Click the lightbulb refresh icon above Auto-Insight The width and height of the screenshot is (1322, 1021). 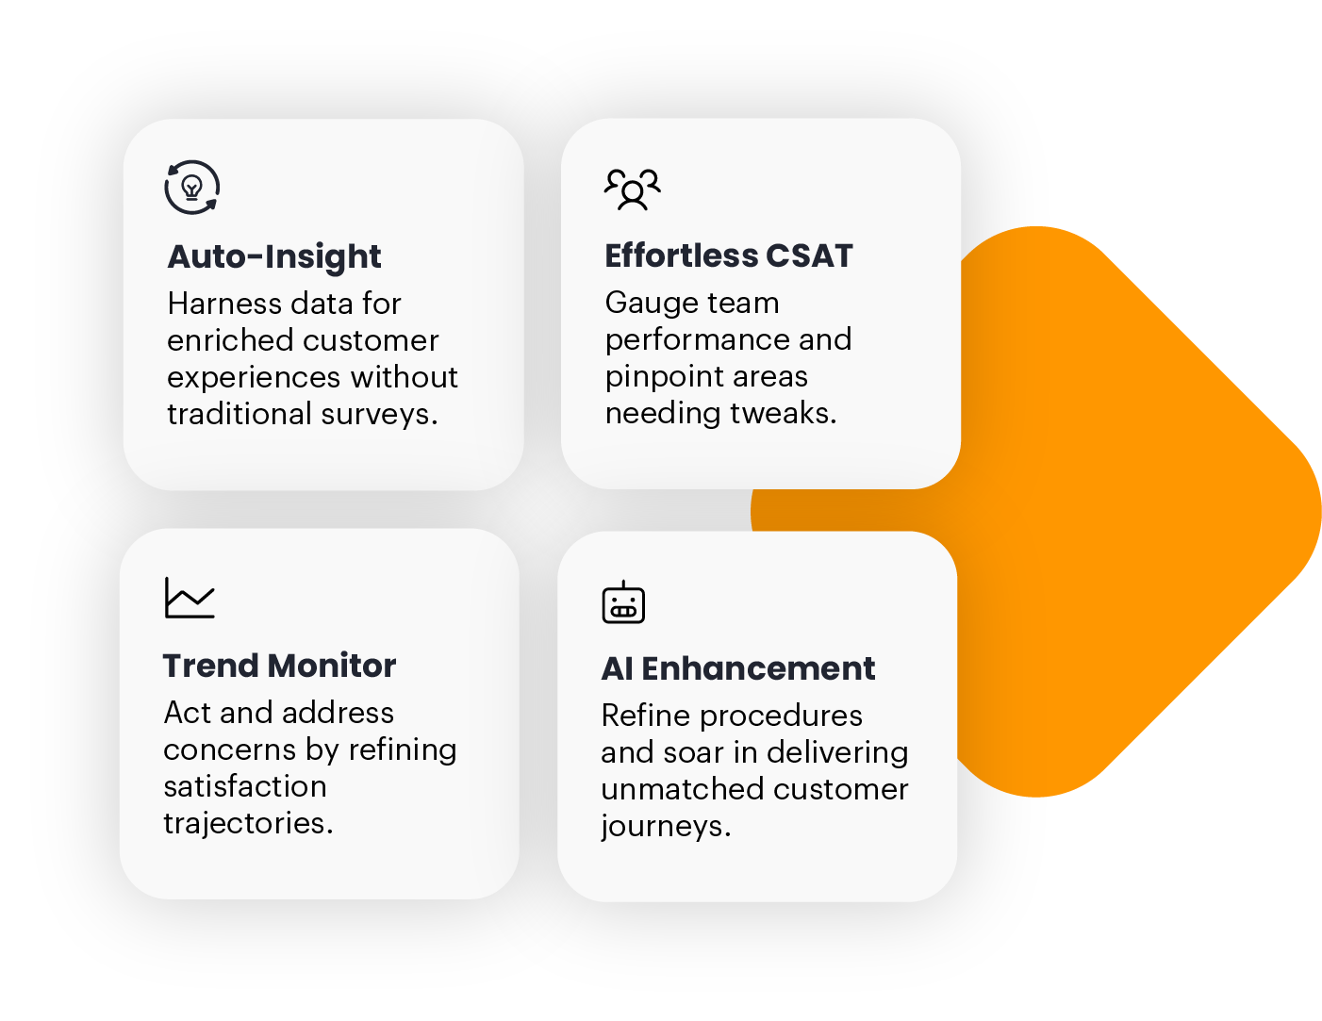[x=191, y=188]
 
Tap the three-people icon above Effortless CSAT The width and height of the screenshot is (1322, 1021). [x=632, y=189]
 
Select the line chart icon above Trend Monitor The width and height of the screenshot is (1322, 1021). [x=190, y=598]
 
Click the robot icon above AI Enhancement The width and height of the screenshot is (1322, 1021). [x=623, y=602]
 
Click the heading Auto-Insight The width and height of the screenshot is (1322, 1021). [x=274, y=256]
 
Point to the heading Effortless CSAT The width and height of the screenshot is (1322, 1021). [x=728, y=255]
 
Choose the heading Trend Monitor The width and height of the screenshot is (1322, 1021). [x=279, y=666]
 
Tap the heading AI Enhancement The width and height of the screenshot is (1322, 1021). [x=738, y=668]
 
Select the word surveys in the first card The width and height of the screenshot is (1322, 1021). [x=379, y=414]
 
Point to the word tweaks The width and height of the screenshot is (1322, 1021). [x=784, y=412]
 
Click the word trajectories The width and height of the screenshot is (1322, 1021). [x=248, y=824]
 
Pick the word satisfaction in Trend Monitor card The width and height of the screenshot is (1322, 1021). [x=245, y=785]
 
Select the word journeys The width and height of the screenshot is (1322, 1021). [x=666, y=827]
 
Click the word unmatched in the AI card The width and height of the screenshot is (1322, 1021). [x=682, y=789]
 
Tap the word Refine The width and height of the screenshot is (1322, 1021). [x=646, y=716]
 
